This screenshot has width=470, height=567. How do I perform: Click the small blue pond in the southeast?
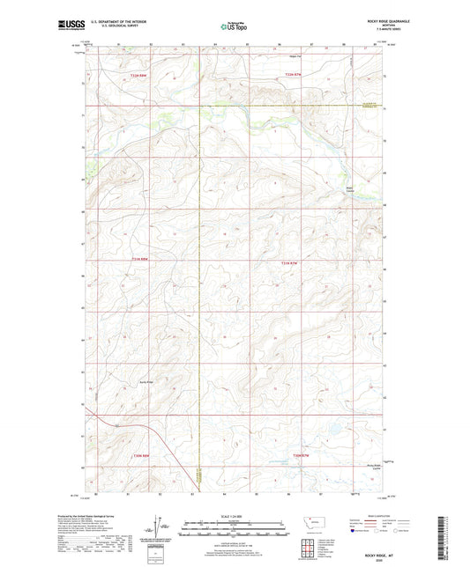click(x=334, y=431)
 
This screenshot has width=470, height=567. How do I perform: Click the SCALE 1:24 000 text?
click(x=234, y=516)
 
